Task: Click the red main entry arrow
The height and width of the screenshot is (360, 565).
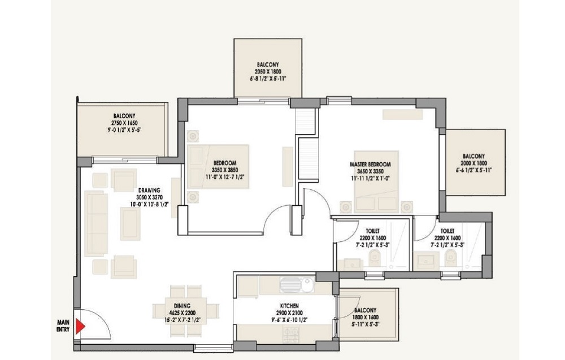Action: click(80, 326)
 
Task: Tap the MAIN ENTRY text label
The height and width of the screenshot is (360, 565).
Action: click(63, 326)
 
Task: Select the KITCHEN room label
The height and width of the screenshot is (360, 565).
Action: click(289, 306)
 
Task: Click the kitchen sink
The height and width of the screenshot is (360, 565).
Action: click(297, 284)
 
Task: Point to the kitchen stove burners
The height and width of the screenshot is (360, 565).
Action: click(292, 335)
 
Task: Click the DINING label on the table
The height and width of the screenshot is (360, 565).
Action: click(182, 306)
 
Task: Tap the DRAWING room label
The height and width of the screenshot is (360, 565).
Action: click(149, 190)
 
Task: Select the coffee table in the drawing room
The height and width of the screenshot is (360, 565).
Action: click(130, 223)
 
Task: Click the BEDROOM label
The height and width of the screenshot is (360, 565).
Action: click(225, 163)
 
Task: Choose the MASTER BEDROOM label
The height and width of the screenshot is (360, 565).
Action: click(370, 164)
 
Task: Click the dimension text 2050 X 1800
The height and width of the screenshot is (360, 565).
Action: click(268, 72)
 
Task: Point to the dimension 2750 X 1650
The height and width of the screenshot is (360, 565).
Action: click(124, 123)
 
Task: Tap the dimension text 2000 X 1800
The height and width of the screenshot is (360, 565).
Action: click(474, 163)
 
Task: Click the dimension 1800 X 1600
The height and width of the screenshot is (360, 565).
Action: click(365, 317)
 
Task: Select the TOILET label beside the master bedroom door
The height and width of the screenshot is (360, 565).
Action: click(372, 231)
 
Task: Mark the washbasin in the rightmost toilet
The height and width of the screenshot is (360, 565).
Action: click(426, 261)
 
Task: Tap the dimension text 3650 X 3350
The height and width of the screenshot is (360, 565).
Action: click(370, 171)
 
